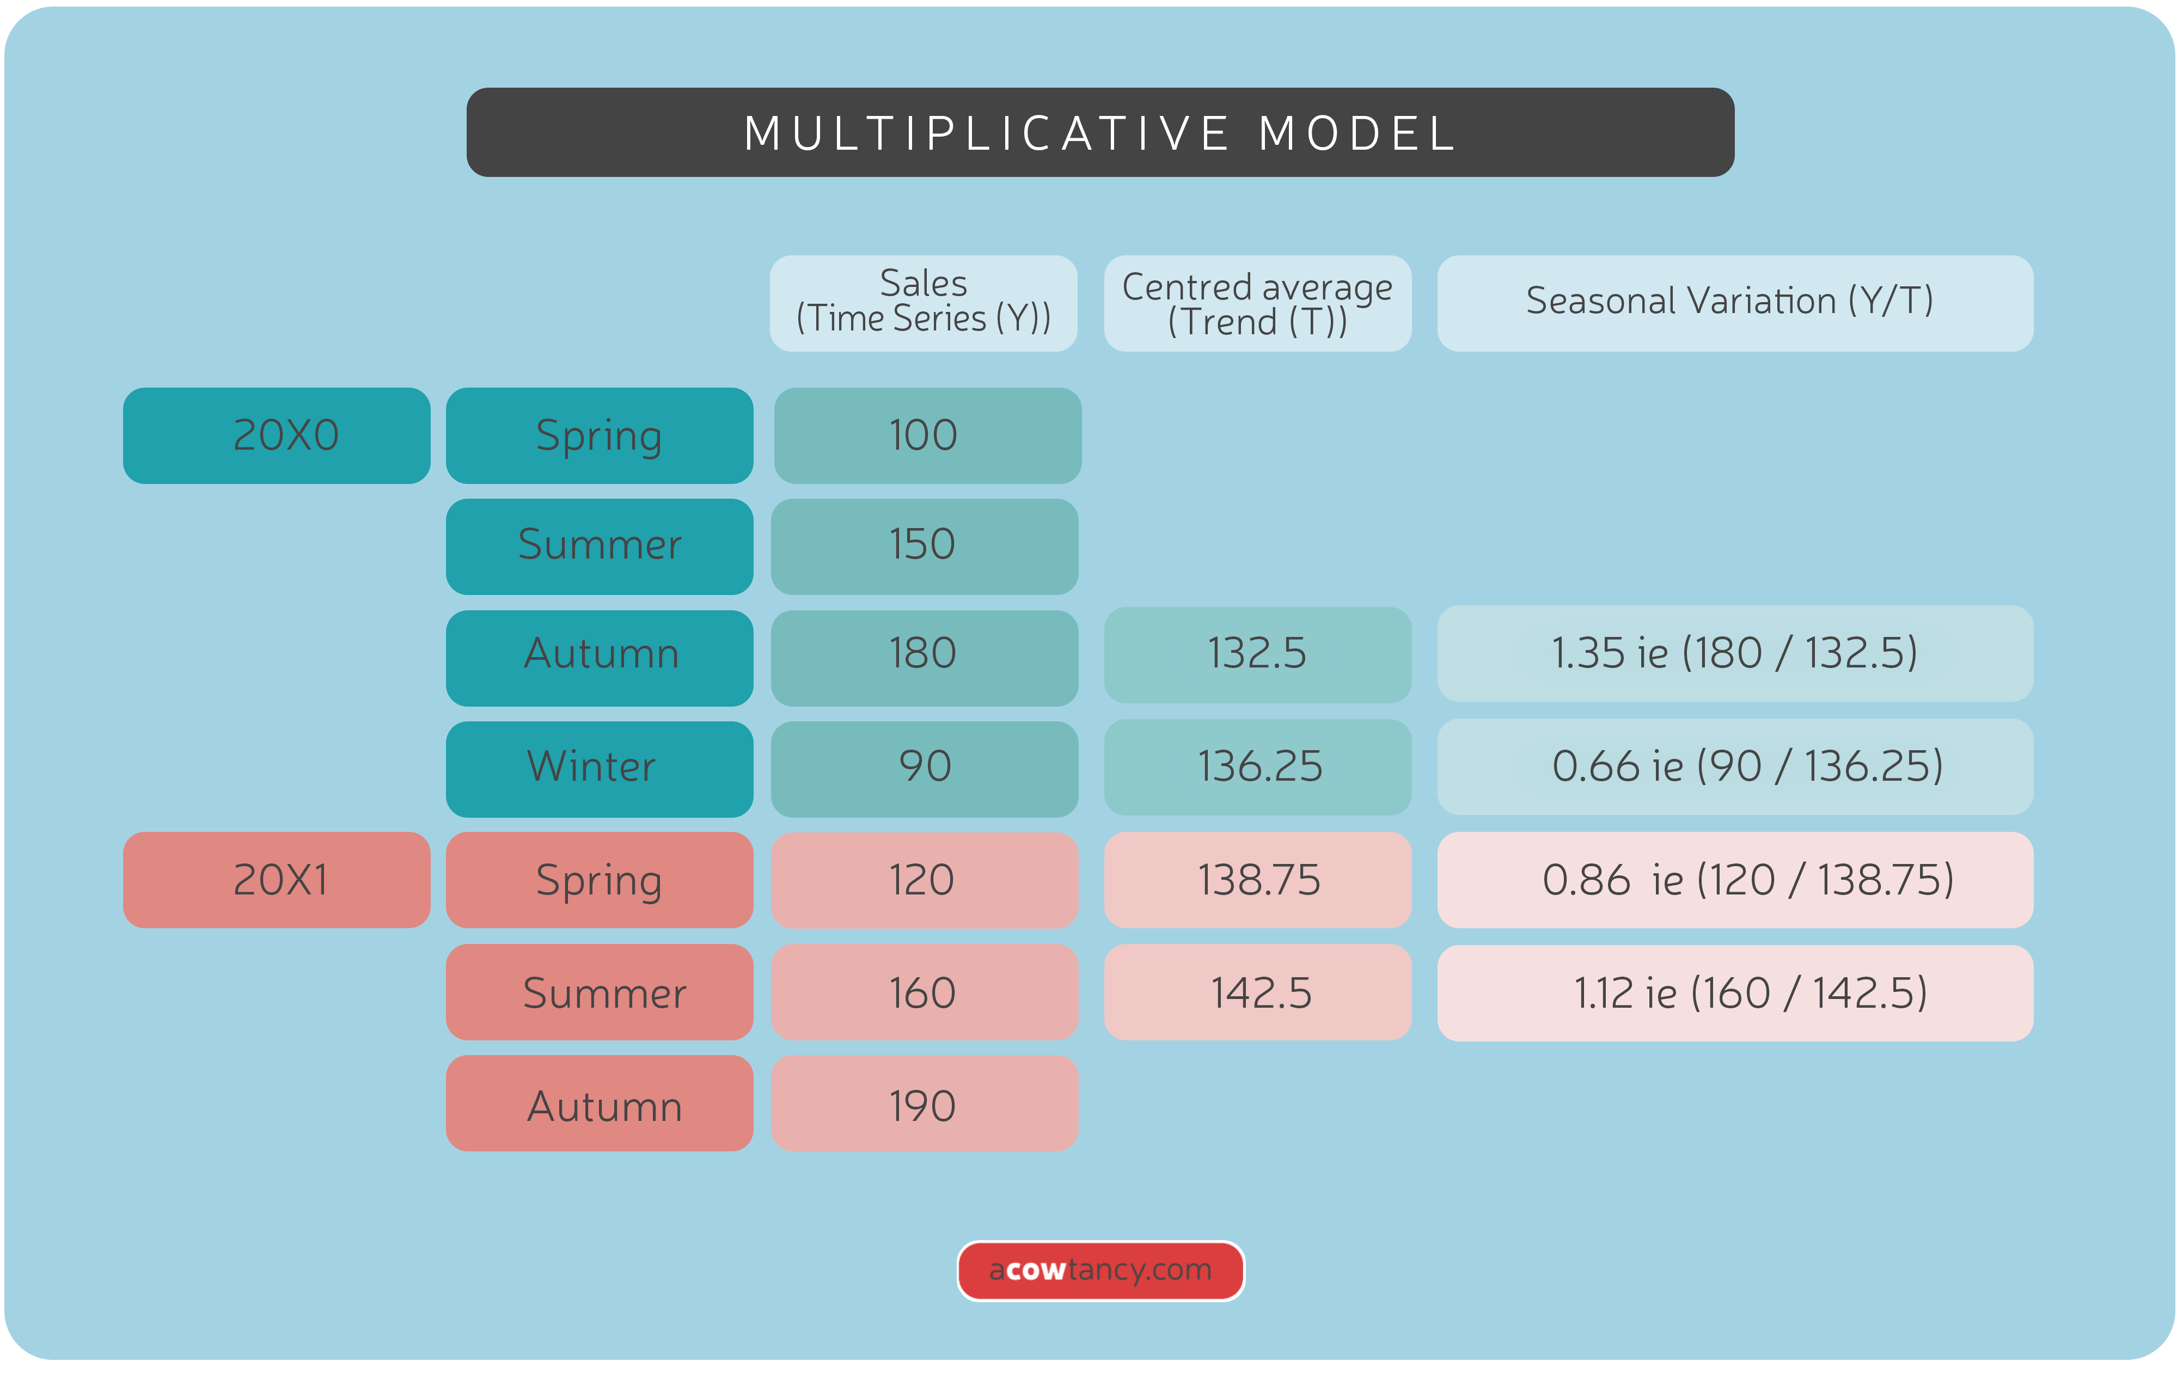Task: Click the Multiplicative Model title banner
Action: [x=1099, y=132]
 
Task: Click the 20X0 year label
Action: [x=277, y=435]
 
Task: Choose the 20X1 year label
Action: [x=277, y=879]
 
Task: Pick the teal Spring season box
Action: [x=599, y=435]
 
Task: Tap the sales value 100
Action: [x=926, y=435]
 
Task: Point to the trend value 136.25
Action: [x=1257, y=767]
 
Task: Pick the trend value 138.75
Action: [x=1257, y=879]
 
